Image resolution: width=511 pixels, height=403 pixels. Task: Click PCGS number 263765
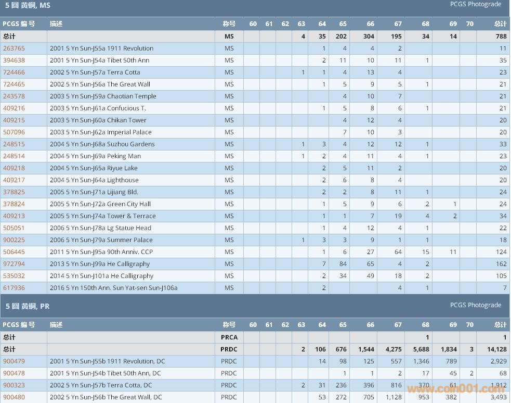pyautogui.click(x=14, y=48)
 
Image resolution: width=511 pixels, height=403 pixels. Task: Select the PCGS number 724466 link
pyautogui.click(x=14, y=72)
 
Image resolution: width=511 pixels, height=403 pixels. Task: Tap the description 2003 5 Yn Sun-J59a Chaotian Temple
pyautogui.click(x=103, y=96)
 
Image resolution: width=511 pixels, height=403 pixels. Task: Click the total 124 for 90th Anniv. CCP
pyautogui.click(x=500, y=252)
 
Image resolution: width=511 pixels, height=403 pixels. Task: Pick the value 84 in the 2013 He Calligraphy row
pyautogui.click(x=343, y=264)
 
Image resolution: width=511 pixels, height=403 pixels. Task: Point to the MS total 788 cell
pyautogui.click(x=500, y=36)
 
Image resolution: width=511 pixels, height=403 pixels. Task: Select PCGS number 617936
pyautogui.click(x=14, y=288)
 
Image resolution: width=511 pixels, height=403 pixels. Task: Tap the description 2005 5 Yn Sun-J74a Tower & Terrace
pyautogui.click(x=103, y=216)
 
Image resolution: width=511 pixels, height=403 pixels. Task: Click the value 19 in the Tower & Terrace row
pyautogui.click(x=398, y=216)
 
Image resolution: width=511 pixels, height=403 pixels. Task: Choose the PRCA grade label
pyautogui.click(x=229, y=337)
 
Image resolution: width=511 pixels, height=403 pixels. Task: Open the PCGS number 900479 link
pyautogui.click(x=14, y=361)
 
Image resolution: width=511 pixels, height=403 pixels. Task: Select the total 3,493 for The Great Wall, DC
pyautogui.click(x=498, y=397)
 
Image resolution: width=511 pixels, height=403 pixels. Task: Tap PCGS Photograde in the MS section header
pyautogui.click(x=476, y=4)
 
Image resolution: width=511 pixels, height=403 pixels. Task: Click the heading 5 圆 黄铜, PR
pyautogui.click(x=28, y=306)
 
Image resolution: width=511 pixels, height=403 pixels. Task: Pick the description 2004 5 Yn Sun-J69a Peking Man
pyautogui.click(x=95, y=156)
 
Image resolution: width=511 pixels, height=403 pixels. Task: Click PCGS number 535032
pyautogui.click(x=14, y=276)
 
